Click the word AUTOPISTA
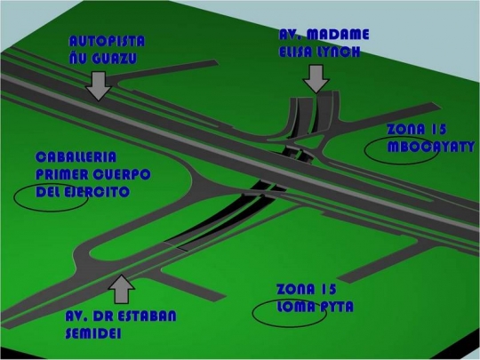(107, 41)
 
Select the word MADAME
(338, 35)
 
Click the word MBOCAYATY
(431, 147)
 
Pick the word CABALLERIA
(76, 157)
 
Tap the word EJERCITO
(97, 192)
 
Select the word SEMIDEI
(93, 333)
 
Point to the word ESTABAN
(147, 316)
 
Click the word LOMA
(296, 307)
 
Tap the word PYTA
(337, 307)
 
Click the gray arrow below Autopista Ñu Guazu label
(99, 86)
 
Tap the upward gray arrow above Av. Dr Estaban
(122, 289)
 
